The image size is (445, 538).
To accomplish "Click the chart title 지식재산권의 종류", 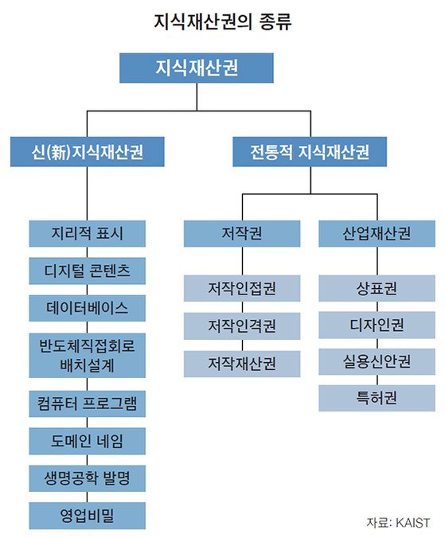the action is pos(222,21).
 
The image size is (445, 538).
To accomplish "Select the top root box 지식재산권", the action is pos(197,68).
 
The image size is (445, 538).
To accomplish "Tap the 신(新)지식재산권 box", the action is pos(87,152).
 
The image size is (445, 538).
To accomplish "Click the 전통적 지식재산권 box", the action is pos(310,152).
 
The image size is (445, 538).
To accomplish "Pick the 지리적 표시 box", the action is pos(87,234).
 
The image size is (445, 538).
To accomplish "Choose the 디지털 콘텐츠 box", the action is pos(87,271).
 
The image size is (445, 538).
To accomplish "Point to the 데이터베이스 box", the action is pos(87,308).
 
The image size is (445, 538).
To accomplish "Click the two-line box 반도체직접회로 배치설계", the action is pos(87,356).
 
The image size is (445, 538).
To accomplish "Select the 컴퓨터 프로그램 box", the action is pos(87,403).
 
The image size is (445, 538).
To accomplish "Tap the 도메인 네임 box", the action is pos(87,441).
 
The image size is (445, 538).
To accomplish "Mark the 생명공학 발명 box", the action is pos(87,478).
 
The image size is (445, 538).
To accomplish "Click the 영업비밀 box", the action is pos(87,516).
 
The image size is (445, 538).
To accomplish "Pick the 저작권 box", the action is pos(242,234).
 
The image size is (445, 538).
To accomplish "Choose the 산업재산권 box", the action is pos(377,234).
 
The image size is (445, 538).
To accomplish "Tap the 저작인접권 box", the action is pos(242,288).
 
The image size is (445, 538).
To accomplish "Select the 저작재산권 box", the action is pos(242,364).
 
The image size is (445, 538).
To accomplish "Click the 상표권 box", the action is pos(377,288).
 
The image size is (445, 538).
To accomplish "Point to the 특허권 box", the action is pos(377,398).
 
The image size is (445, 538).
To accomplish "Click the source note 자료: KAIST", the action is pos(398,523).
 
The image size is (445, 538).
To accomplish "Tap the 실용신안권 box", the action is pos(377,361).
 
